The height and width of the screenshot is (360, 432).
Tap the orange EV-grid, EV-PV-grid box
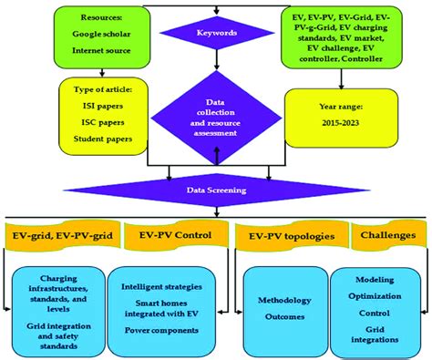pos(61,234)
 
